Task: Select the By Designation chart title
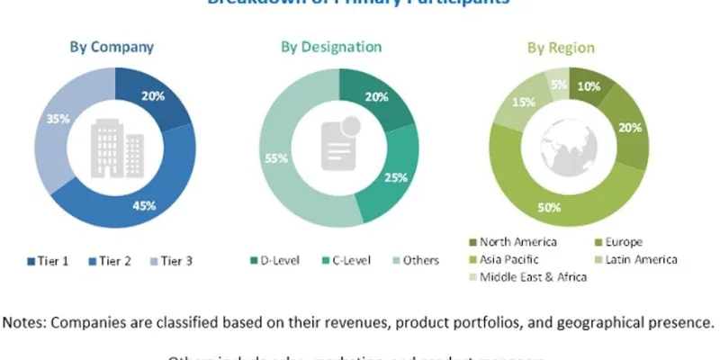331,46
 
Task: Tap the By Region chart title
554,47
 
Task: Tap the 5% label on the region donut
558,85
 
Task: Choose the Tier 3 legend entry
170,261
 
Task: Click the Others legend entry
415,261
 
